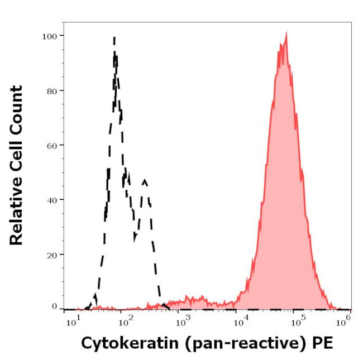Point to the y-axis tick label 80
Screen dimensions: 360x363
[51, 90]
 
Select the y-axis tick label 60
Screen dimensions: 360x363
[51, 145]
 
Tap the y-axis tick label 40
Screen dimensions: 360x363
[51, 199]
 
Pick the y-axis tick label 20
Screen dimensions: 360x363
[51, 254]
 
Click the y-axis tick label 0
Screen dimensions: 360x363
[54, 306]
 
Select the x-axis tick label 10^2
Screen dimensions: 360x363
[126, 320]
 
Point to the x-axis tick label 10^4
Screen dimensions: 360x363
[241, 320]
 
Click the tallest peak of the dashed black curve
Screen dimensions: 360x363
[114, 38]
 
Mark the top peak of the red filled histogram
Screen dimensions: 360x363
[286, 33]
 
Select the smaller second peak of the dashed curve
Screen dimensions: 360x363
[145, 180]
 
